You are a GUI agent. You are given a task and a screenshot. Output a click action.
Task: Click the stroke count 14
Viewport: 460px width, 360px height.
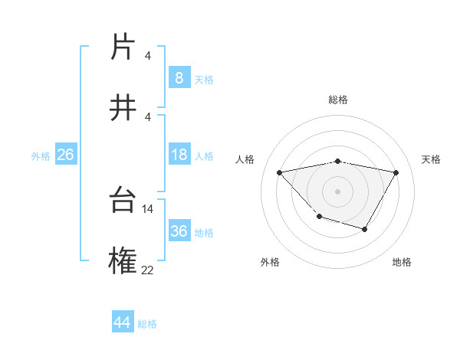point(148,208)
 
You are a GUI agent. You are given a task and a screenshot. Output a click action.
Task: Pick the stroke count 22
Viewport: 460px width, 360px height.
point(148,269)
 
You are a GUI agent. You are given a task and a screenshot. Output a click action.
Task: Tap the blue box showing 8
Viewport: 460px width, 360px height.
point(179,77)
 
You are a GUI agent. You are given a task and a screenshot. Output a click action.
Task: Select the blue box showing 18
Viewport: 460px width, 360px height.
point(179,155)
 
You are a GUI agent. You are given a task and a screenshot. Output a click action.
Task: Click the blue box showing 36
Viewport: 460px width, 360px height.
point(179,231)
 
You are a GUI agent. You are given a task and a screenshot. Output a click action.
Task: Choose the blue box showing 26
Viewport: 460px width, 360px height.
point(65,155)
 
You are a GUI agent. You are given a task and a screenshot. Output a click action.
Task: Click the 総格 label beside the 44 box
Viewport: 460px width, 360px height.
point(147,324)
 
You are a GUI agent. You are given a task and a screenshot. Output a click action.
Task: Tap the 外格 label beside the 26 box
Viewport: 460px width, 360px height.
point(41,156)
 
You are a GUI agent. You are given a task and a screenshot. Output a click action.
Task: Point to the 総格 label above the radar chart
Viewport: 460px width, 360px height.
point(337,100)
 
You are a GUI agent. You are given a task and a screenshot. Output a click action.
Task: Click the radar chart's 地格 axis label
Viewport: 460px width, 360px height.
point(402,262)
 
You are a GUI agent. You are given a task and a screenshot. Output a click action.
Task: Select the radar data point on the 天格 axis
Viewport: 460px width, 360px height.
point(396,172)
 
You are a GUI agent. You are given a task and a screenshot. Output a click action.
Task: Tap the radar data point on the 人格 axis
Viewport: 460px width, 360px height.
point(279,172)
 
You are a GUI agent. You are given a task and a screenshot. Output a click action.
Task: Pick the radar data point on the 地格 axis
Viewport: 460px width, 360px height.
point(365,229)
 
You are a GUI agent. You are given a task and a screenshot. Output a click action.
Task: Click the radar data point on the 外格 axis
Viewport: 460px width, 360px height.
point(319,217)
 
